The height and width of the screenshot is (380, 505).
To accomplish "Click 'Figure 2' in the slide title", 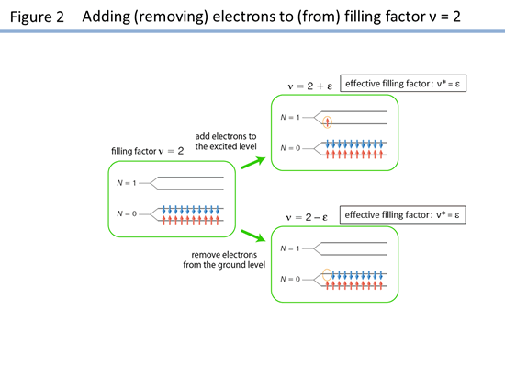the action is (x=37, y=17).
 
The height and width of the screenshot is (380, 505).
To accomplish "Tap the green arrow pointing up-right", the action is (x=253, y=162).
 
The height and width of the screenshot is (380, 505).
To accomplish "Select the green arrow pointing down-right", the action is (x=253, y=236).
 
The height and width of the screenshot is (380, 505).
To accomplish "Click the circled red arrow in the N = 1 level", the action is (x=327, y=122).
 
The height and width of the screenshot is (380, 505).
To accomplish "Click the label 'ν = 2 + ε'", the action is (x=309, y=86).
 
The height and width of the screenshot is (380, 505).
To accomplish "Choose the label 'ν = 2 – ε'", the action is (x=307, y=217).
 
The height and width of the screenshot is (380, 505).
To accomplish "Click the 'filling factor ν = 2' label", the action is (x=148, y=151).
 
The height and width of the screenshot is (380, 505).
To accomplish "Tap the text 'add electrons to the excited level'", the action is (x=226, y=142).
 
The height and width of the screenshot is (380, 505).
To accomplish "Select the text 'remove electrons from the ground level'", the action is (x=224, y=259).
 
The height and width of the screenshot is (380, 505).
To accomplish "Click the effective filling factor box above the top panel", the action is (x=403, y=84).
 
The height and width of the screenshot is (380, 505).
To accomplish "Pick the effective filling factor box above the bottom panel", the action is (x=402, y=214).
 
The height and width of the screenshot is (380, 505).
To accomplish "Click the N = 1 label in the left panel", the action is (x=127, y=183).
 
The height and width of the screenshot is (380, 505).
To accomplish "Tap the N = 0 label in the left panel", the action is (x=127, y=213).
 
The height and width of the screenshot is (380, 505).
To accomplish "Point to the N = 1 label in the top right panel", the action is (x=290, y=117).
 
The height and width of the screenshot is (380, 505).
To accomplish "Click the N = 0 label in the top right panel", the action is (x=290, y=148).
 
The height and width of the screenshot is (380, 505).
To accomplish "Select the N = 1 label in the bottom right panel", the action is (x=290, y=248).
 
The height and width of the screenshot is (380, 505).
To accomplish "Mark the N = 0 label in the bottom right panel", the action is (x=290, y=279).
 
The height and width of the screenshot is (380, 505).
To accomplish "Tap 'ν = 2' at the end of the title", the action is (x=444, y=17).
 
